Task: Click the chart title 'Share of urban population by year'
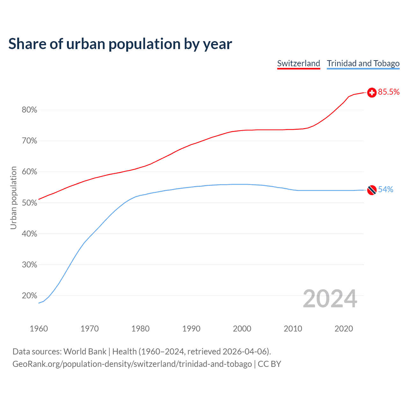tap(120, 44)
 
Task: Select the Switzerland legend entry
tap(298, 63)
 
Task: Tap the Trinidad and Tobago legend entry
tap(363, 63)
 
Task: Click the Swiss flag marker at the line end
tap(372, 93)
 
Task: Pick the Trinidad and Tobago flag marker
tap(372, 190)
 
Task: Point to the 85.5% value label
tap(389, 92)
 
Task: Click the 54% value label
tap(386, 190)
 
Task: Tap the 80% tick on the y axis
tap(29, 110)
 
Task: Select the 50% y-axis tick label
tap(29, 203)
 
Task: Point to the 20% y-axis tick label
tap(29, 296)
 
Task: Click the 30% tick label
tap(29, 265)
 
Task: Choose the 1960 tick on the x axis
tap(39, 329)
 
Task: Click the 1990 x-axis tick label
tap(191, 329)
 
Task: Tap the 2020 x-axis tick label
tap(344, 329)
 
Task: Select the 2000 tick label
tap(242, 329)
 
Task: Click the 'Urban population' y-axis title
tap(13, 198)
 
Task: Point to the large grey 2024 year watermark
tap(330, 299)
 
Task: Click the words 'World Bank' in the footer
tap(85, 352)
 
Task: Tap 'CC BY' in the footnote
tap(269, 364)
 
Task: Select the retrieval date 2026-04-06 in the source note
tap(244, 352)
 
